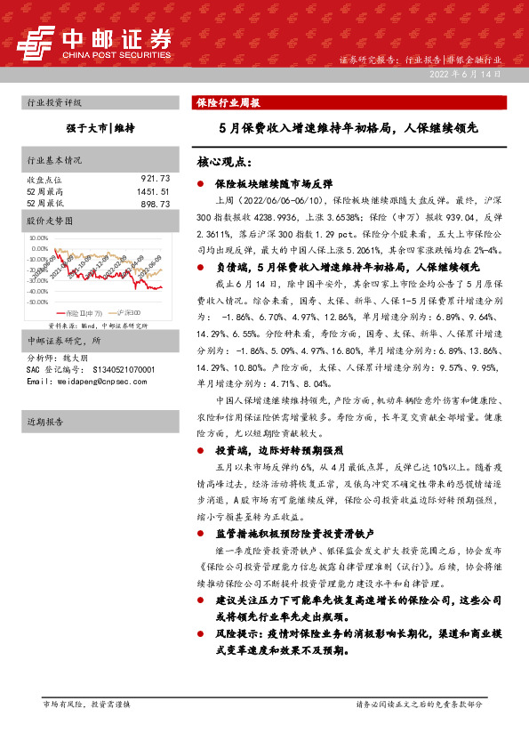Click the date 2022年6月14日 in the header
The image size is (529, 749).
(x=477, y=74)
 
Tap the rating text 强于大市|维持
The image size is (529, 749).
(x=100, y=128)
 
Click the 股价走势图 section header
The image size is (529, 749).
(x=48, y=219)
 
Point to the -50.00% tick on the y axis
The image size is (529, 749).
(x=38, y=302)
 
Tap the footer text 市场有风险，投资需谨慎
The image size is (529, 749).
(x=86, y=704)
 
